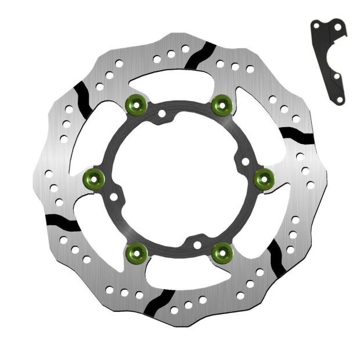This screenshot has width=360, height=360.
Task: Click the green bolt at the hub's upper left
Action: click(x=135, y=105)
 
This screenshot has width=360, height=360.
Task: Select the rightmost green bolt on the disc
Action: click(x=265, y=179)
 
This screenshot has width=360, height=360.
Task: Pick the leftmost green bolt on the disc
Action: click(x=94, y=178)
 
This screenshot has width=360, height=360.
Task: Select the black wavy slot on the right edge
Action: click(x=297, y=136)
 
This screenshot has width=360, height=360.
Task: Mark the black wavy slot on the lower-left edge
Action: click(x=62, y=222)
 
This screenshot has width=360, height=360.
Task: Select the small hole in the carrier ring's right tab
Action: click(x=245, y=161)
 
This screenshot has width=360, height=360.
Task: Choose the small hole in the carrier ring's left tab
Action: click(x=114, y=197)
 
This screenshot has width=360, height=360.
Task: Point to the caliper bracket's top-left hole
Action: click(x=316, y=26)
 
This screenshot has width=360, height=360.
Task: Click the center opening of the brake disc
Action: click(x=179, y=179)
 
